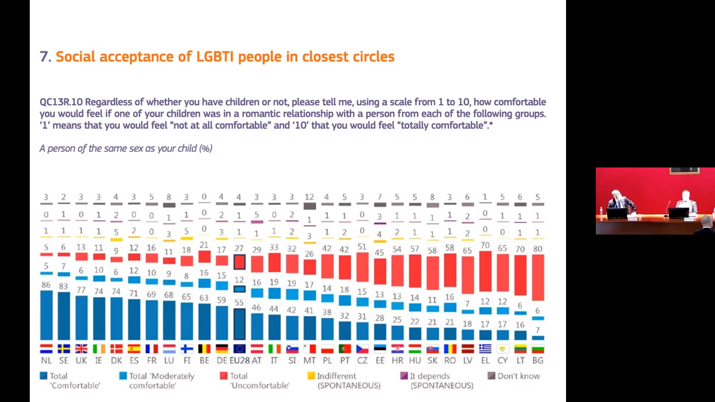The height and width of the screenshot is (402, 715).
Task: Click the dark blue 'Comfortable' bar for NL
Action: pos(46,315)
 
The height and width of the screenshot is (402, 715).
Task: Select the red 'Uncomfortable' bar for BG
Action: pos(538,277)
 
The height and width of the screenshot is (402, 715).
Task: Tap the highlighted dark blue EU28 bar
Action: pos(239,324)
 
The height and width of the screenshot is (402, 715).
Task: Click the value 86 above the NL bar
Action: pos(46,285)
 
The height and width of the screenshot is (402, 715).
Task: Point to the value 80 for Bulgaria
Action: pos(538,249)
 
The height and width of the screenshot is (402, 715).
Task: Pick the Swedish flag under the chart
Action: pos(64,349)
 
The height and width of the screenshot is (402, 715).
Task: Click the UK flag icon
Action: pos(81,349)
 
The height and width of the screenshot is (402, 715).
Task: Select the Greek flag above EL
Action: pos(485,349)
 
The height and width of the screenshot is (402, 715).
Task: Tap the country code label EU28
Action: pos(239,361)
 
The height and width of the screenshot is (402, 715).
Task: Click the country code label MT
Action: pos(309,361)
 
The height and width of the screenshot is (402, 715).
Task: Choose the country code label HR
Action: pos(397,361)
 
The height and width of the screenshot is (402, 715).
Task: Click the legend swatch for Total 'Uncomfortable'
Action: pos(223,376)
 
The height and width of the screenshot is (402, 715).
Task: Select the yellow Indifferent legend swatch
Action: pos(311,376)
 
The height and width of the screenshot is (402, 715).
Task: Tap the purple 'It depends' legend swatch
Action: pos(404,376)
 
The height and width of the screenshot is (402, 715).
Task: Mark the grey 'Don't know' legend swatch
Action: pos(491,376)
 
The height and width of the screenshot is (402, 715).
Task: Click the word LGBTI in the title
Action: pos(214,57)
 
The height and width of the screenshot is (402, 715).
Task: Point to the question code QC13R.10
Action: pos(61,102)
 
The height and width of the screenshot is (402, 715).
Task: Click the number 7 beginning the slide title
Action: pos(44,57)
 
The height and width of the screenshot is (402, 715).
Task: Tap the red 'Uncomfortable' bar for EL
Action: pos(485,271)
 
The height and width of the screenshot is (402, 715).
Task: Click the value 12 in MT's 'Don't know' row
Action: pos(309,197)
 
